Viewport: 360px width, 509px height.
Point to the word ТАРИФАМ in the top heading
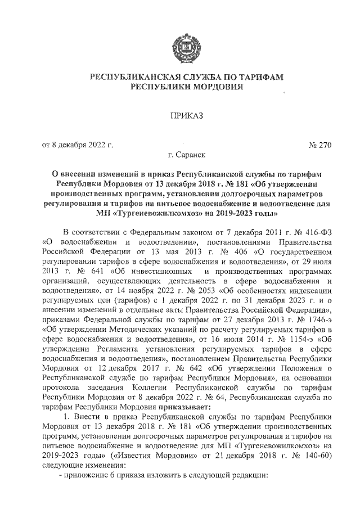(x=259, y=76)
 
